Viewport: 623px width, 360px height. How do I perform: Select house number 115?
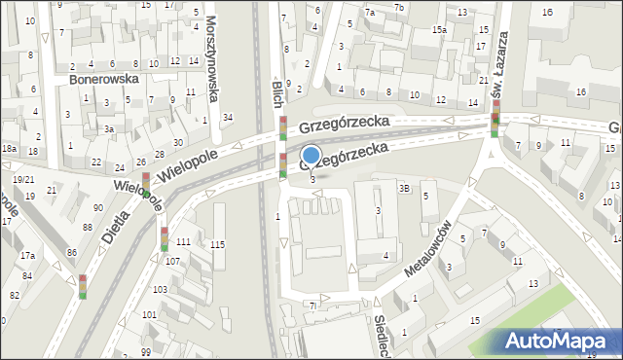[x=217, y=244]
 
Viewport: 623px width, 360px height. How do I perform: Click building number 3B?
[x=404, y=188]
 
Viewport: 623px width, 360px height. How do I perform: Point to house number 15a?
[x=440, y=30]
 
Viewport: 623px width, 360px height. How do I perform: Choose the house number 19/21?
[x=23, y=179]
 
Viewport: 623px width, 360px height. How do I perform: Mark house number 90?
[x=98, y=207]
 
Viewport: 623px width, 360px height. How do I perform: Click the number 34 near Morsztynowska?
[x=227, y=118]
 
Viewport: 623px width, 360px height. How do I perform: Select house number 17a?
[x=28, y=256]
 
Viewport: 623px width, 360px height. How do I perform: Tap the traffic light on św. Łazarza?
[x=495, y=120]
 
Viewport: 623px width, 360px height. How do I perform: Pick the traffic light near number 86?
[x=82, y=287]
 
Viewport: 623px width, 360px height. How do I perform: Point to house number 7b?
[x=399, y=8]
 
